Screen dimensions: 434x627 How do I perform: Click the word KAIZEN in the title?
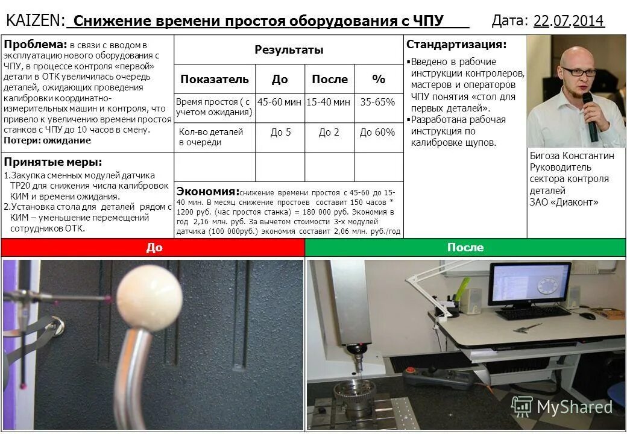click(35, 20)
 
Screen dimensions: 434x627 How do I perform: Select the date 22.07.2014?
click(569, 21)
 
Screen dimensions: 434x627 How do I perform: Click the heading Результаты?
click(289, 49)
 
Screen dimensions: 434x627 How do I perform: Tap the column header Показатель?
click(215, 79)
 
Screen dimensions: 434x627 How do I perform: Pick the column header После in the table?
click(329, 79)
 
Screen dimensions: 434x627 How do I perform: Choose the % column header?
click(378, 79)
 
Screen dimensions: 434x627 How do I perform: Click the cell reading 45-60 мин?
click(279, 102)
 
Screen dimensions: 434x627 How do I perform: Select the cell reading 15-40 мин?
click(329, 102)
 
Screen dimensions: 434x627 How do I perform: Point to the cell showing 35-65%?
click(377, 102)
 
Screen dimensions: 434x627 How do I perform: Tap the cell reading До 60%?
click(377, 132)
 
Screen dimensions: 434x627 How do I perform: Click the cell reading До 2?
click(329, 132)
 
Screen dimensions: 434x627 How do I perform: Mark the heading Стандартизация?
click(456, 45)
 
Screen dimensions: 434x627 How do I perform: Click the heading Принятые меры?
click(53, 162)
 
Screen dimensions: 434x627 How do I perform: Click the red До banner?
click(154, 248)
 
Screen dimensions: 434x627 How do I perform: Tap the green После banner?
click(465, 248)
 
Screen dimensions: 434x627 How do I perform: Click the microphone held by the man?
click(590, 118)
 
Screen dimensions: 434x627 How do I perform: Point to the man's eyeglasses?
click(578, 71)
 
